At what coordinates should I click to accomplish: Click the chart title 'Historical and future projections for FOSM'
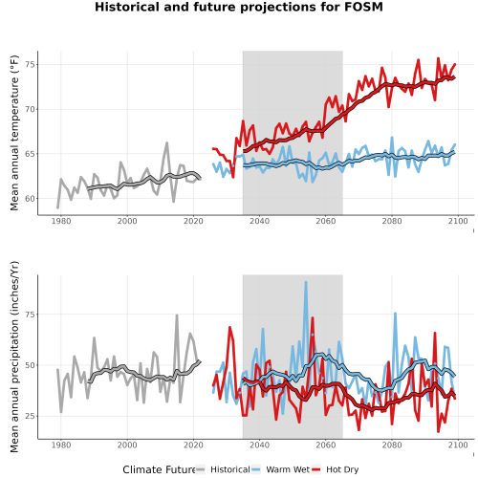click(x=239, y=7)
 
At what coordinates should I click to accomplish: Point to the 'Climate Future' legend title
click(x=159, y=469)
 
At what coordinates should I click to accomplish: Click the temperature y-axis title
click(x=14, y=133)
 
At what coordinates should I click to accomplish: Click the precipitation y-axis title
click(x=14, y=357)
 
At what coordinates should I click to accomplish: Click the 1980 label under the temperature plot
click(x=61, y=221)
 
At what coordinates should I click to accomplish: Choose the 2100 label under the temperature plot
click(x=458, y=221)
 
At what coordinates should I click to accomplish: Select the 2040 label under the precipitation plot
click(x=259, y=445)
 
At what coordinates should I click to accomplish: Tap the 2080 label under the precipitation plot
click(x=392, y=445)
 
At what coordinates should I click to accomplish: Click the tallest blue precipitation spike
click(x=306, y=282)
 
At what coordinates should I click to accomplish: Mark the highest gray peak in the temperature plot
click(x=166, y=143)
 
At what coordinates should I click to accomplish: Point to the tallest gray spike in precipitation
click(x=177, y=315)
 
